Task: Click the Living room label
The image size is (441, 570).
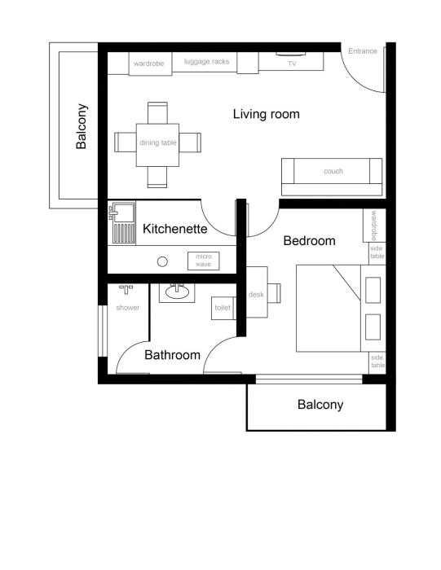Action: [266, 114]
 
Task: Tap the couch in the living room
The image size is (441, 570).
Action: [332, 172]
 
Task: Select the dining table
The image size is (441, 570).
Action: [157, 143]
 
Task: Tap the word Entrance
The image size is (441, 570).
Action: [363, 51]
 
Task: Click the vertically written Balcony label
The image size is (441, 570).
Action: [82, 126]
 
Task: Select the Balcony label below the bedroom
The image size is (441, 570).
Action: [320, 405]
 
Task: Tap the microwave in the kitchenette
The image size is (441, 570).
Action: [204, 261]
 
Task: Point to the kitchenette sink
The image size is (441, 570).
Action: [122, 214]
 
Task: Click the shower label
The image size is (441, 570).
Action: [128, 308]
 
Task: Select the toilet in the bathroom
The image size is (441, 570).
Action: [223, 309]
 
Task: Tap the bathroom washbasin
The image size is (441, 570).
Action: [177, 291]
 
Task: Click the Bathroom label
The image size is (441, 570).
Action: [172, 355]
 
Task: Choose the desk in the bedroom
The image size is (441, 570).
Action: [257, 295]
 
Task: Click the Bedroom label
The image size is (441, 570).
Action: [309, 241]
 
